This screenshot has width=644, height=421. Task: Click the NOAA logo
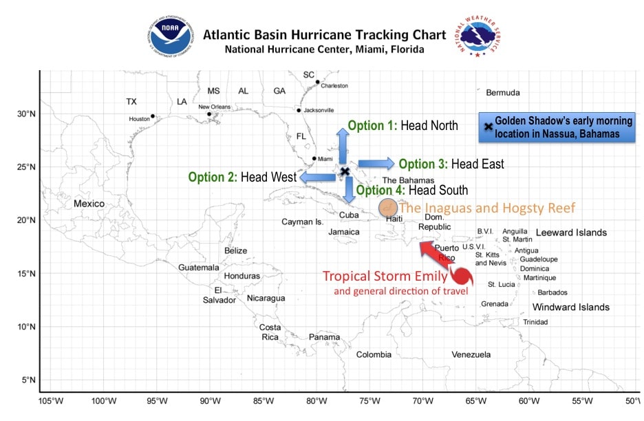(x=171, y=36)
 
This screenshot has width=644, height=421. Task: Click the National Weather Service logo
(x=477, y=36)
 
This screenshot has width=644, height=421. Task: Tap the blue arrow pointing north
(x=343, y=146)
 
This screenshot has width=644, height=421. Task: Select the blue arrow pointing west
(x=318, y=177)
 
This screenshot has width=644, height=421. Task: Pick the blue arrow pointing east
(x=376, y=164)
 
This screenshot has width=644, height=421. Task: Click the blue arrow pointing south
(x=349, y=190)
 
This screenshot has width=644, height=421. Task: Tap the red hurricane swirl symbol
(x=462, y=276)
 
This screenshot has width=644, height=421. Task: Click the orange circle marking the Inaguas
(x=388, y=208)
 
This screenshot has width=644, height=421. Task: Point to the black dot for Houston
(x=153, y=116)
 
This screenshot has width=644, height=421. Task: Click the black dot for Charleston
(x=317, y=82)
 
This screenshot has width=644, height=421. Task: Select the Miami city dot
(x=314, y=158)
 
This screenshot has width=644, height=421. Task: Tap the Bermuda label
(x=503, y=93)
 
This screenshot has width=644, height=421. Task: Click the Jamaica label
(x=344, y=232)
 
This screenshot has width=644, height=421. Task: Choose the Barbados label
(x=552, y=292)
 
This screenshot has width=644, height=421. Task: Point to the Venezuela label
(x=471, y=354)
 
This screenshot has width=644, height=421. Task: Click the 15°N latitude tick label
(x=26, y=274)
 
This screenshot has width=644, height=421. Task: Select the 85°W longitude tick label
(x=264, y=401)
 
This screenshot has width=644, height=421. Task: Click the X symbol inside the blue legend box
(x=489, y=127)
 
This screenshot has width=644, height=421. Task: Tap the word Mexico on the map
(x=89, y=204)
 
